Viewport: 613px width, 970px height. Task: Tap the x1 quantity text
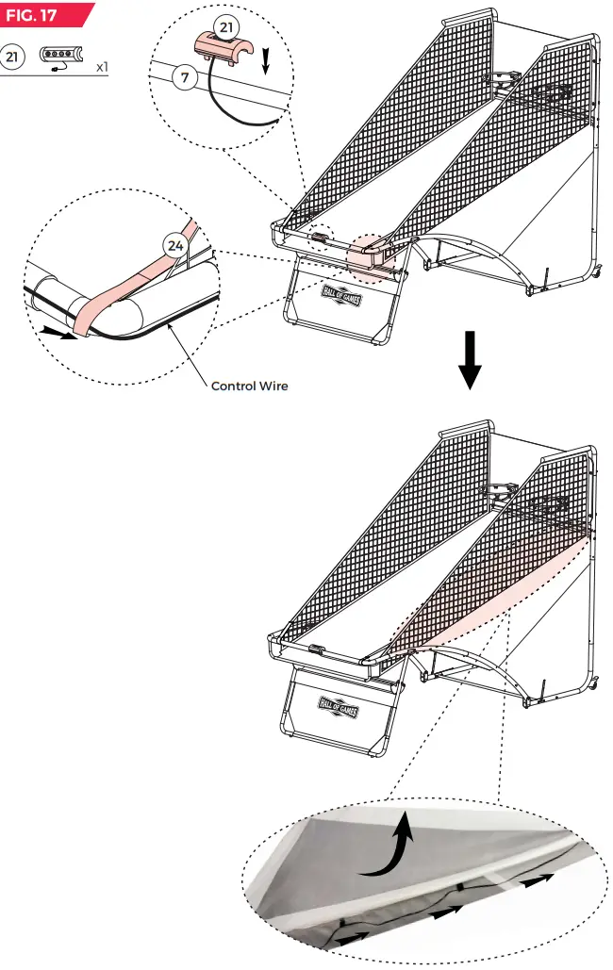(100, 68)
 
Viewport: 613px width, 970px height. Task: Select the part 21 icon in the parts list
(62, 58)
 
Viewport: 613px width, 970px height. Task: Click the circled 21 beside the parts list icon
(13, 58)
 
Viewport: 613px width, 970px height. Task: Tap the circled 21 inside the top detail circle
(225, 25)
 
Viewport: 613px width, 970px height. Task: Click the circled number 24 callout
(174, 246)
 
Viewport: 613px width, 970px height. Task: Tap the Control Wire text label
(249, 386)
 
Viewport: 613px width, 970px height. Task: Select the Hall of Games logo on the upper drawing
(340, 292)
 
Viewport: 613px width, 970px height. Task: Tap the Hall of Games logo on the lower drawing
(339, 704)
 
